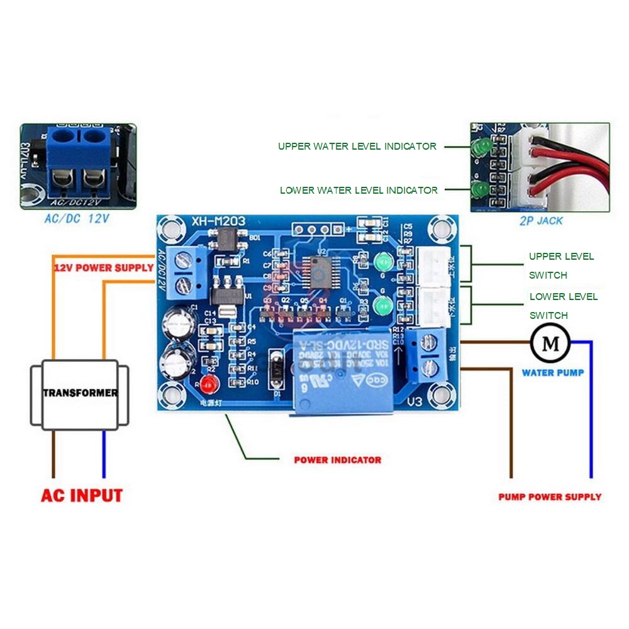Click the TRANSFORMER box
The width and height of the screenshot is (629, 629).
[x=80, y=393]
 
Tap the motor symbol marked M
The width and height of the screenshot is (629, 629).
[x=550, y=343]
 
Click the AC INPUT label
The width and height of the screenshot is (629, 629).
[x=82, y=495]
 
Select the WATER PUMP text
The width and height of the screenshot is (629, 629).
[x=552, y=373]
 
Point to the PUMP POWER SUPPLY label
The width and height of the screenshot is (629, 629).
[x=550, y=497]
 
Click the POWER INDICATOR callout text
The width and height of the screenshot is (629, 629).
[x=337, y=460]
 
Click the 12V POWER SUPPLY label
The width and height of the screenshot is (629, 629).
[x=103, y=268]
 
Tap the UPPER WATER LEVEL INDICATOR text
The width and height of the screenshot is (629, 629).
[x=357, y=147]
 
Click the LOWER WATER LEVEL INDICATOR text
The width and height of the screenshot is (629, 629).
[x=359, y=190]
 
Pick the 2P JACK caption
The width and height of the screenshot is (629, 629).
[x=541, y=221]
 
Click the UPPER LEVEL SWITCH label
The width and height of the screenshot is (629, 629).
[x=560, y=265]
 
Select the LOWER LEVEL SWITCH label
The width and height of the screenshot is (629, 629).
[x=563, y=306]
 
